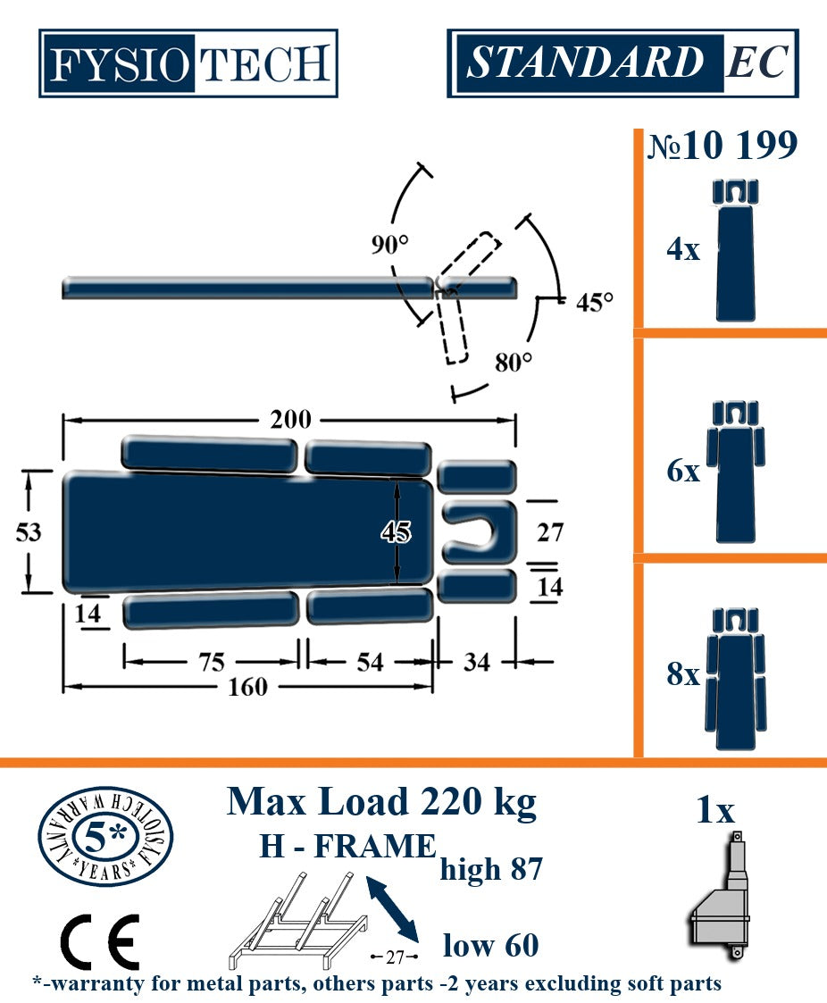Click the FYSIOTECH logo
[188, 63]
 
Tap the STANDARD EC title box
[623, 63]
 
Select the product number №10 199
[723, 146]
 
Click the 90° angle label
[389, 245]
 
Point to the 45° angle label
[594, 302]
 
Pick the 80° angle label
[514, 362]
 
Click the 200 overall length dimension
[290, 420]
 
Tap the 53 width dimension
[29, 532]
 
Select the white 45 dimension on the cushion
[396, 531]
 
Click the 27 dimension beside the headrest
[550, 532]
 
